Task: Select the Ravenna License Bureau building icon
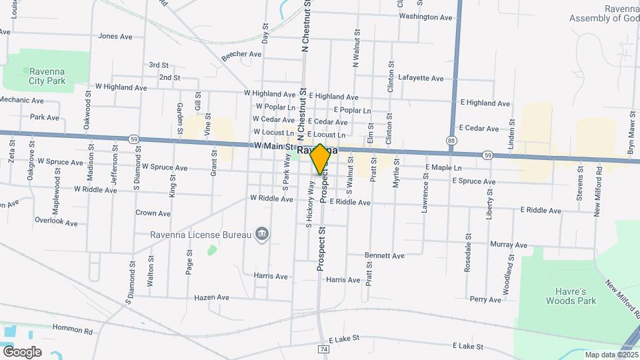(x=263, y=233)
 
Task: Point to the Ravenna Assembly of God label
(x=604, y=13)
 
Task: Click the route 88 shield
(x=451, y=141)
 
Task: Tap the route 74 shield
(x=323, y=349)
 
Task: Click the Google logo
(x=22, y=352)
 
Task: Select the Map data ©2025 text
(x=609, y=355)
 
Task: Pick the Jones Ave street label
(x=115, y=37)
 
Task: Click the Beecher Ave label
(x=241, y=54)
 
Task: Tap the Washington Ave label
(x=425, y=17)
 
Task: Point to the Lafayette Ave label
(x=420, y=79)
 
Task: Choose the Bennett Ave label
(x=384, y=255)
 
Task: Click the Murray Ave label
(x=509, y=245)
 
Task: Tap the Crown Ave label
(x=153, y=213)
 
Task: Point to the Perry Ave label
(x=485, y=300)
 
